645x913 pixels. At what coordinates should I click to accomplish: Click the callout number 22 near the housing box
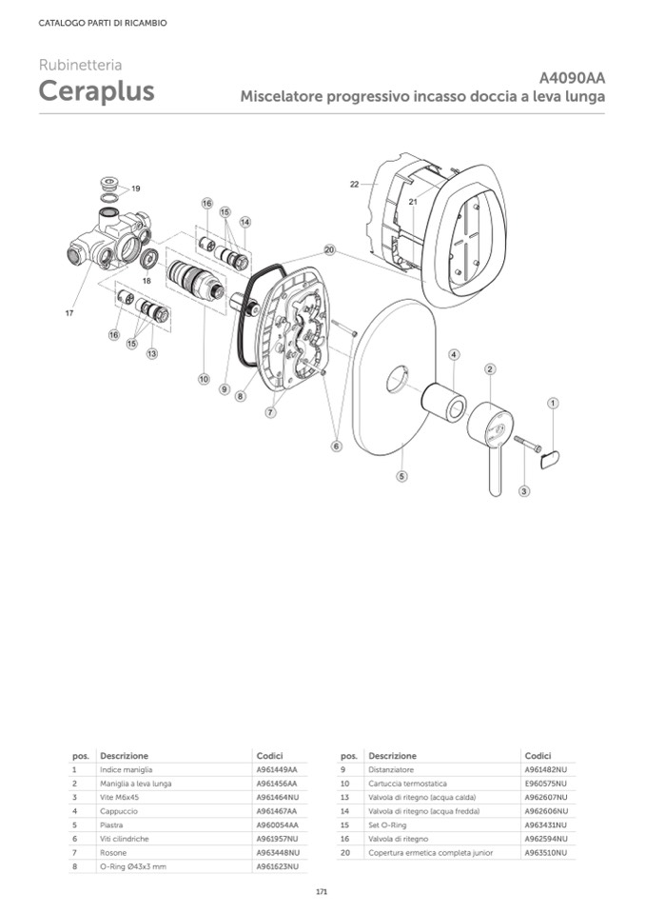(354, 184)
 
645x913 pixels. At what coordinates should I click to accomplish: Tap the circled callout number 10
(204, 379)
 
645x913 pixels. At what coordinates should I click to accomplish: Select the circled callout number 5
(401, 476)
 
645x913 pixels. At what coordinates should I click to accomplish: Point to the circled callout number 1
(553, 403)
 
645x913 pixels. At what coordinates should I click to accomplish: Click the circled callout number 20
(330, 249)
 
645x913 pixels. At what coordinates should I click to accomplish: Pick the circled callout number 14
(244, 222)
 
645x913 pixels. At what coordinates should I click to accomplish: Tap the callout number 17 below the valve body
(69, 313)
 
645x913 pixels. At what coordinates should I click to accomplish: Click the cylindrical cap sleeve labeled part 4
(443, 403)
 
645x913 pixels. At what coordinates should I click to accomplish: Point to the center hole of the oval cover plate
(398, 380)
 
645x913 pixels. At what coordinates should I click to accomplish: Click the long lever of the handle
(495, 468)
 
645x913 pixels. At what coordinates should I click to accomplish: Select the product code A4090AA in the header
(572, 77)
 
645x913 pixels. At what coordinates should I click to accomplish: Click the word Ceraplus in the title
(96, 90)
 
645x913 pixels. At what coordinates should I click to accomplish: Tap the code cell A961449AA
(277, 770)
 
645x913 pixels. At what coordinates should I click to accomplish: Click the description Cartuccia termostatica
(408, 784)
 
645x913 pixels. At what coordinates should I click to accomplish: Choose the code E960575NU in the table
(545, 784)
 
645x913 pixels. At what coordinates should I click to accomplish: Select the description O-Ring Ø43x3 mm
(133, 866)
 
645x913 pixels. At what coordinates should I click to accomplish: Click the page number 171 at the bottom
(322, 891)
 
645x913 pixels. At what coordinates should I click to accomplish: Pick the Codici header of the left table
(269, 756)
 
